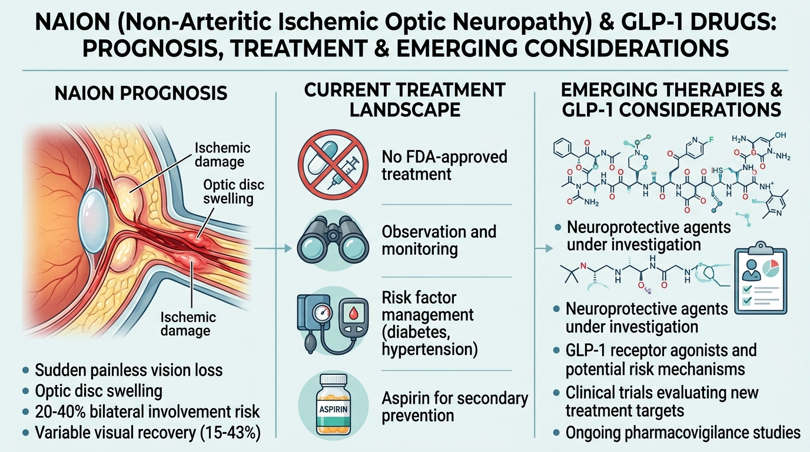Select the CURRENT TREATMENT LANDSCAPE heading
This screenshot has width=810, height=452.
point(404,99)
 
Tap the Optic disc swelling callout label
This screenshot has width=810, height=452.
point(234,191)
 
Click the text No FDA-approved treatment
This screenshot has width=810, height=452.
point(444,165)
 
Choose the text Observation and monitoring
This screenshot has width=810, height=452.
point(439,240)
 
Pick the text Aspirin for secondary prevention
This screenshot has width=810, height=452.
point(454,407)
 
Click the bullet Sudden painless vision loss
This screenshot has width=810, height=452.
point(128,370)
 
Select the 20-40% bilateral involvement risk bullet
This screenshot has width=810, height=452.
point(147,411)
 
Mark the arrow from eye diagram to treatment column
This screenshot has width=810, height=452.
point(277,248)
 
